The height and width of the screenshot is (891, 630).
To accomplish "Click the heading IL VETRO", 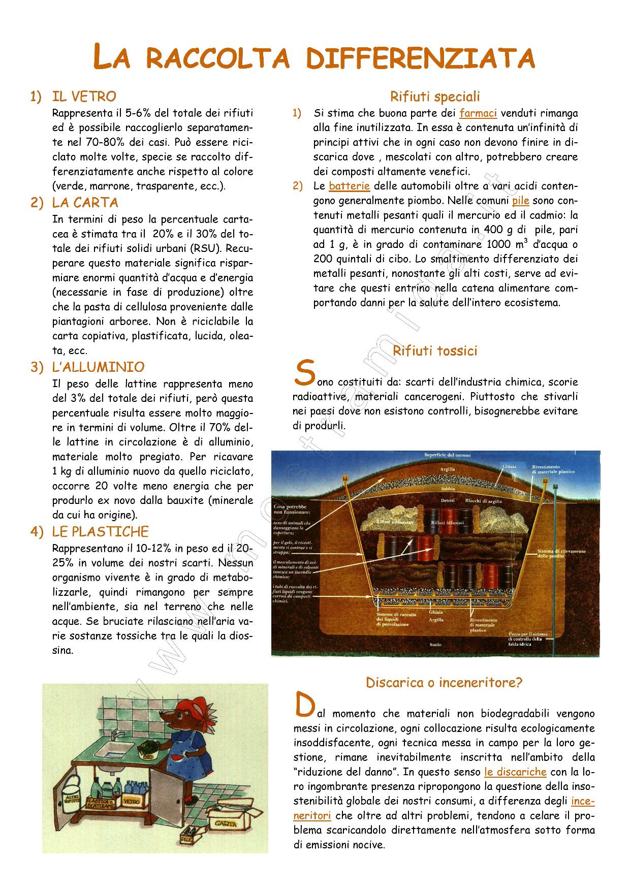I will point(84,97).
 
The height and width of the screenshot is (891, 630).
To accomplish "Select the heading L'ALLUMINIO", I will point(98,367).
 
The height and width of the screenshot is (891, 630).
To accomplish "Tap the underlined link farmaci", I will point(478,113).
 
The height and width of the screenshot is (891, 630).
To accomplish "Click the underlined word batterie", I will point(349,186).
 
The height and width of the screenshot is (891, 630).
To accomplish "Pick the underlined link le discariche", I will point(515,772).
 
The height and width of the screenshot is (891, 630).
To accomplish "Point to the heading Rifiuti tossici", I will point(435,351).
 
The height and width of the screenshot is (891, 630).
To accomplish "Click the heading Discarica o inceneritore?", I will point(444,683).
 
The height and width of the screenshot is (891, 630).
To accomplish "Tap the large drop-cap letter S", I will point(303,373).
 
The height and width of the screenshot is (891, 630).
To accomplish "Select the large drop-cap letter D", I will point(303,705).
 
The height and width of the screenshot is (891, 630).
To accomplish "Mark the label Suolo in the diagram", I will point(435,645).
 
